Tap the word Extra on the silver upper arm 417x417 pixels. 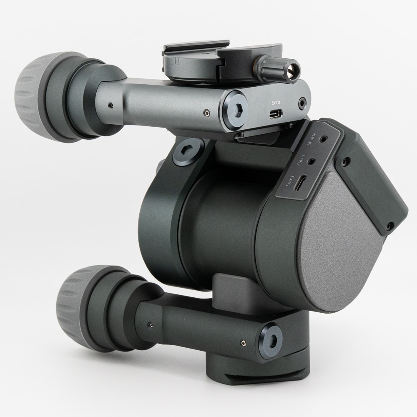276,102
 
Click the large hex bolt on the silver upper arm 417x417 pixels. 235,109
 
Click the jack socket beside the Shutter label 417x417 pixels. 323,139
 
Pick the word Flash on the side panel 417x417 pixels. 301,161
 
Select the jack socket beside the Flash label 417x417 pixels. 311,161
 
